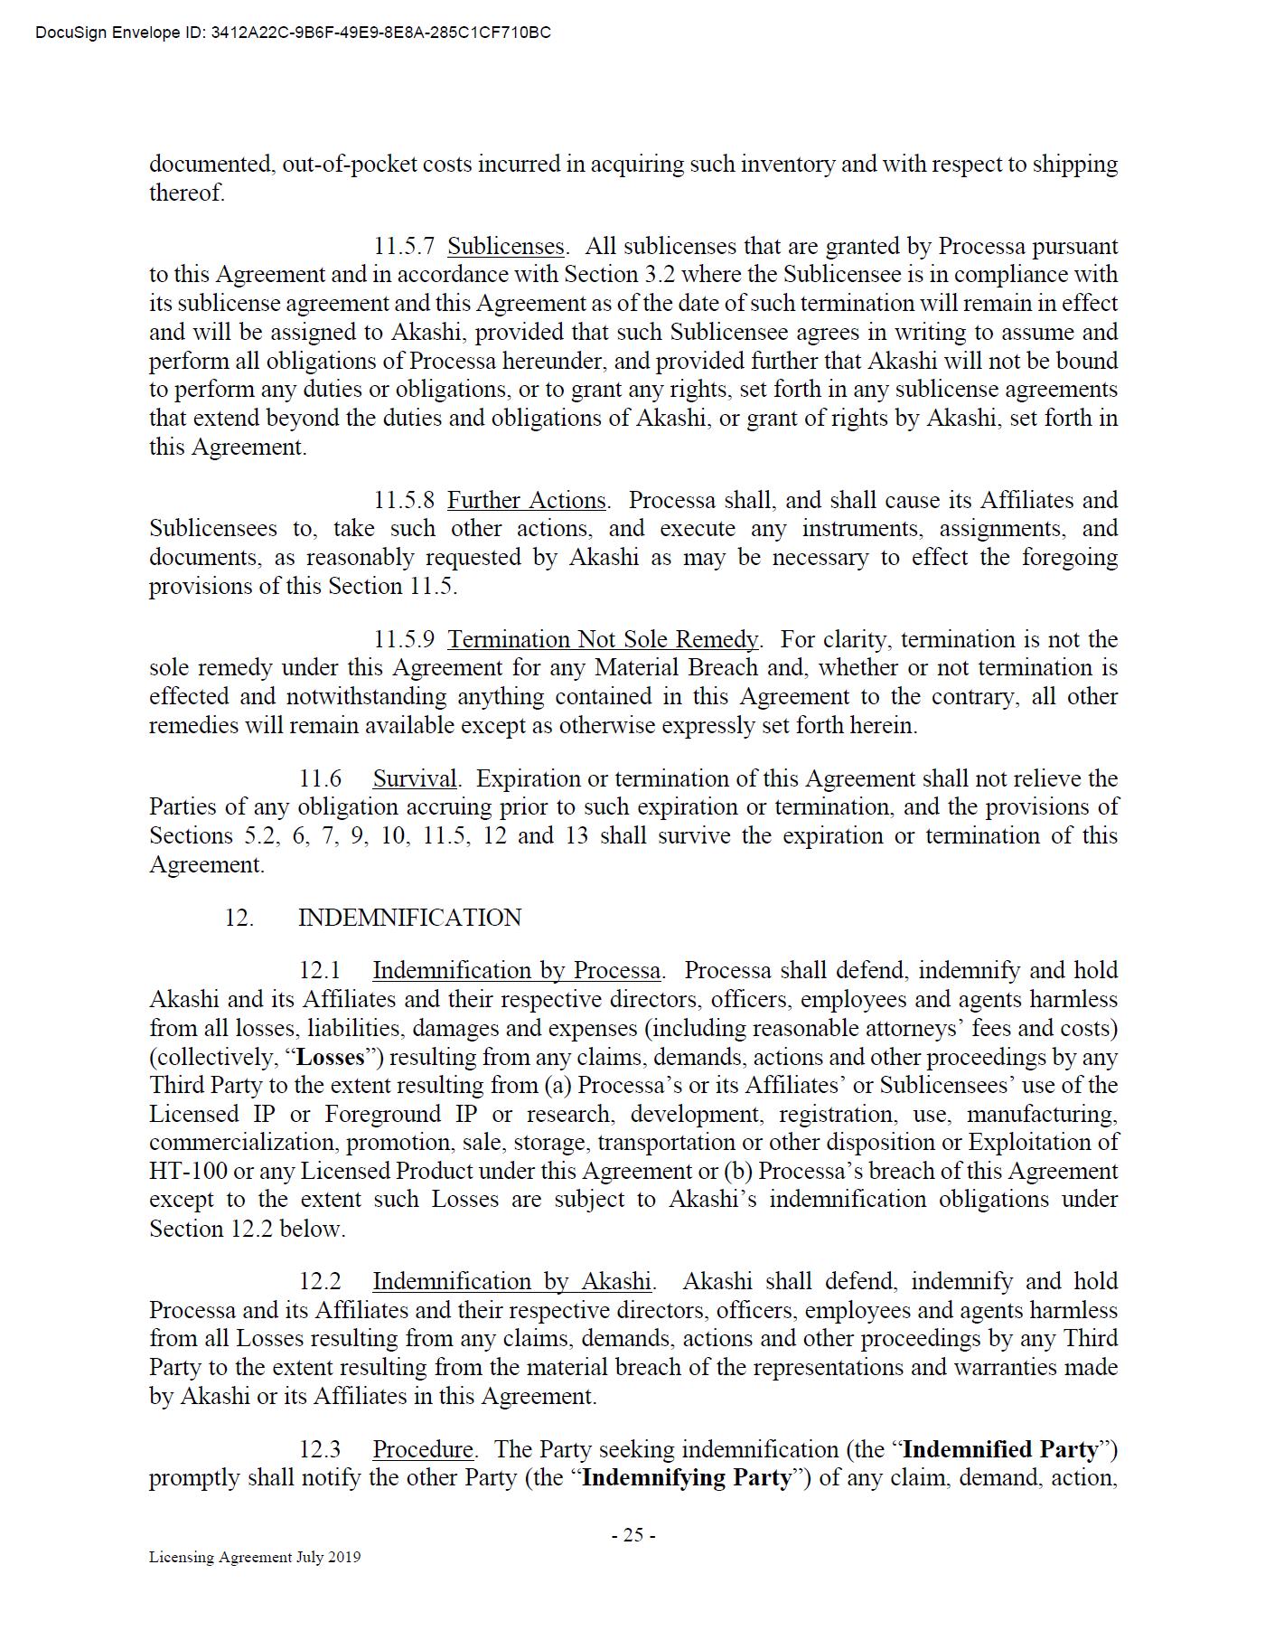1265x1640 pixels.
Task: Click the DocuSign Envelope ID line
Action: [293, 33]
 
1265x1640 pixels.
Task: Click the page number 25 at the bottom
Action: [632, 1534]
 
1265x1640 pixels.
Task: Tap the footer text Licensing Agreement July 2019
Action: [255, 1557]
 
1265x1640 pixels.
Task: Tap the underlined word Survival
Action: [415, 778]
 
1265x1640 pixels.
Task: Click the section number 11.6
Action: [321, 778]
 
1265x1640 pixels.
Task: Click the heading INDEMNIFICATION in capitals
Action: [409, 918]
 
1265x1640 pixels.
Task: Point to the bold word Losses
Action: [331, 1057]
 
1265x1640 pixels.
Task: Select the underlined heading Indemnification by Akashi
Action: [511, 1281]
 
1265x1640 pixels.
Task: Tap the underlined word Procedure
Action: [423, 1449]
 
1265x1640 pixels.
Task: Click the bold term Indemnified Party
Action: [1000, 1449]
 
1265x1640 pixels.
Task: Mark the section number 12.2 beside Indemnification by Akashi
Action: [321, 1281]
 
